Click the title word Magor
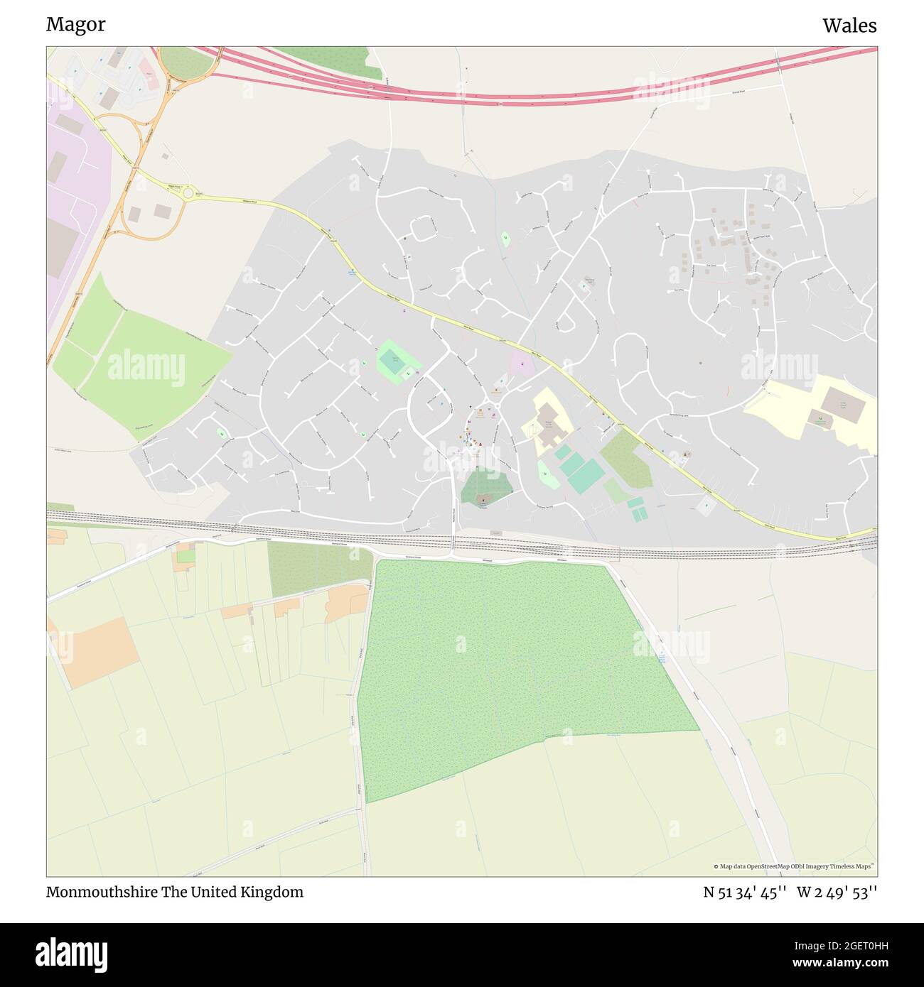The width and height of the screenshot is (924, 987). tap(76, 24)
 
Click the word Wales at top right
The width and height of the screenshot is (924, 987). tap(849, 26)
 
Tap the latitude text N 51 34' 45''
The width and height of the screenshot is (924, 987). tap(744, 893)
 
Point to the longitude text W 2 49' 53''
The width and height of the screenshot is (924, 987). tap(837, 893)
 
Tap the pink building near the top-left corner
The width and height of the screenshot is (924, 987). tap(149, 70)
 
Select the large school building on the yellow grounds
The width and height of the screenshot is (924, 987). tap(549, 423)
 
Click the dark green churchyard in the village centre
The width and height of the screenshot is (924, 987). tap(485, 489)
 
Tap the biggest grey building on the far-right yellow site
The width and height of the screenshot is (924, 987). tap(843, 405)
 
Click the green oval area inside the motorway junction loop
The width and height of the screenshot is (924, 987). tap(186, 61)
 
